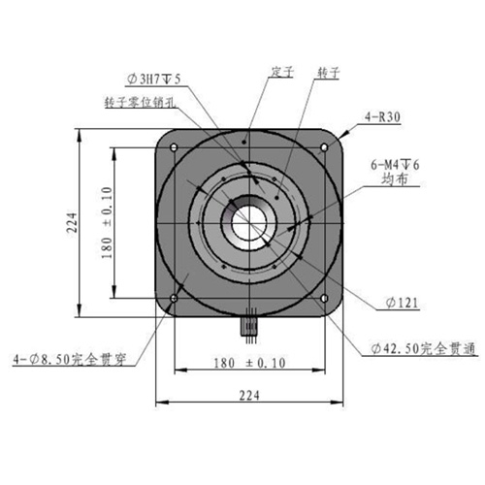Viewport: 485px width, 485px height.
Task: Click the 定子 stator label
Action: click(282, 72)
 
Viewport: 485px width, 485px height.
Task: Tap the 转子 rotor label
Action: click(329, 72)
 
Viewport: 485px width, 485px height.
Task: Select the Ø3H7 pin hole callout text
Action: click(153, 79)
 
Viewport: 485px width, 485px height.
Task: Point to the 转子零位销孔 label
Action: click(141, 102)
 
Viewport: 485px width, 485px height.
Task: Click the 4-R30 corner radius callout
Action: click(382, 117)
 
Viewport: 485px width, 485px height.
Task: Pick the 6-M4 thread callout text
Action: click(395, 165)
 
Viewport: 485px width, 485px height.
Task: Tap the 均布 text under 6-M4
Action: click(395, 179)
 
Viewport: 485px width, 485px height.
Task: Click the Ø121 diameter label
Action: click(403, 304)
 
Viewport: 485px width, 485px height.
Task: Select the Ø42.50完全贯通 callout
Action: click(424, 348)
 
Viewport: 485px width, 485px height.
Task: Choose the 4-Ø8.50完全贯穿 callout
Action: click(69, 360)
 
